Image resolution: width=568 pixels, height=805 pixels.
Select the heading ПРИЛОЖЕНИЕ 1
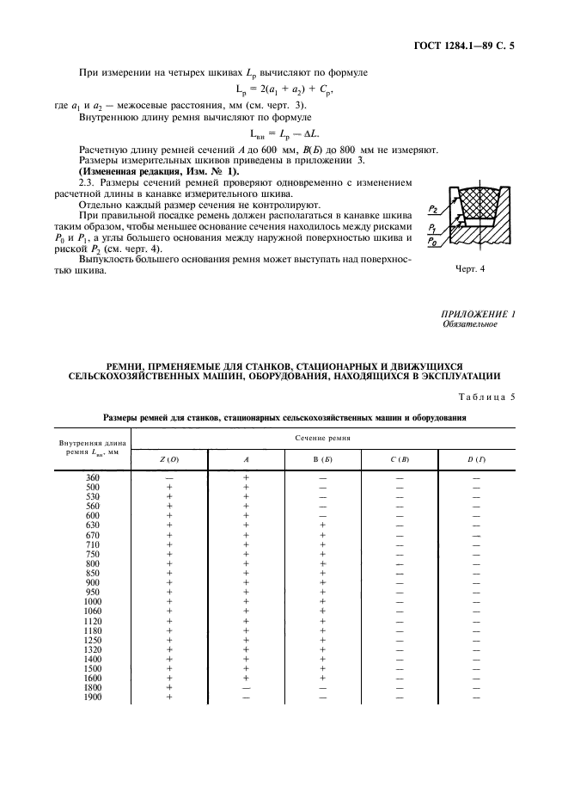[478, 314]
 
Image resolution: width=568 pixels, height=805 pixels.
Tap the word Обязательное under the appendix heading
[470, 324]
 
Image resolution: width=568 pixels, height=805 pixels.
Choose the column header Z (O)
[168, 460]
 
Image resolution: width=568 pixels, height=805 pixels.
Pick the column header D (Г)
[476, 460]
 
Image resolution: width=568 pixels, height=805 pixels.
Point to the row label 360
[93, 476]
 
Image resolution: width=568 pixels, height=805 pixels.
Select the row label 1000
[93, 601]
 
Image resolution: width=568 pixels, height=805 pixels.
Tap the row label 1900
[93, 697]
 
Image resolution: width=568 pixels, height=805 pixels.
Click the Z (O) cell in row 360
[168, 476]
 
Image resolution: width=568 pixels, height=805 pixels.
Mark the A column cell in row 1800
[246, 687]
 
